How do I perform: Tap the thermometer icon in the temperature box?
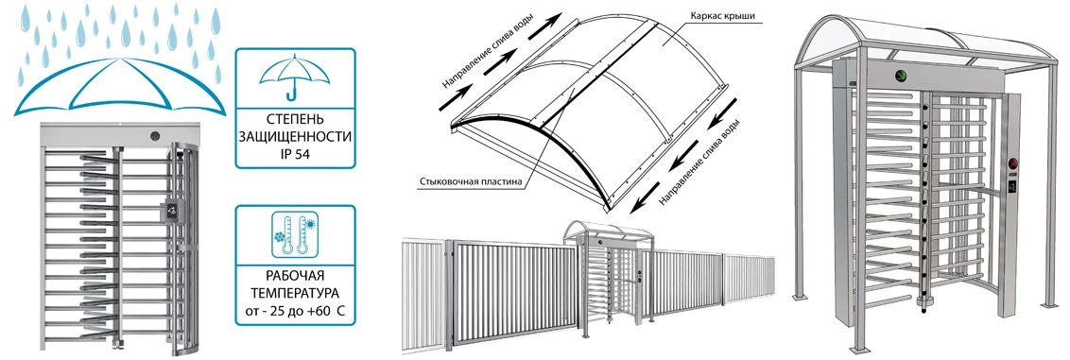point(295,234)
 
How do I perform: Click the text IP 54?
point(295,154)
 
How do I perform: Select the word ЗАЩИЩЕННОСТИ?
point(295,136)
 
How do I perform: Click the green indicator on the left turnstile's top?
point(155,136)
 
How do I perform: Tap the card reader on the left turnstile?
point(171,212)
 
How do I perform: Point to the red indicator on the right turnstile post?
point(1012,164)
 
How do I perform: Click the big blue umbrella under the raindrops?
point(119,85)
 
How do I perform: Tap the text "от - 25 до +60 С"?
point(295,316)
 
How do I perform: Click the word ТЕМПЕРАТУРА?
point(295,295)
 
